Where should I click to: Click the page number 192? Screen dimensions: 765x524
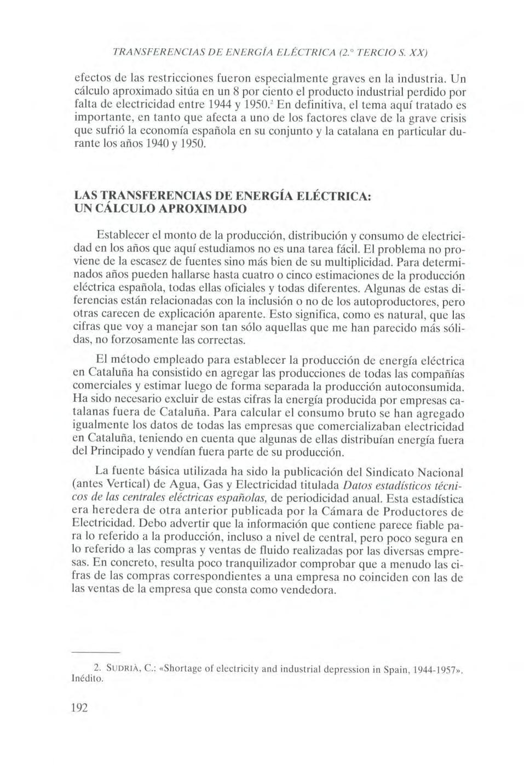(x=80, y=707)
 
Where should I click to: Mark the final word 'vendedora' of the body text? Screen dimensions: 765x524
(x=309, y=591)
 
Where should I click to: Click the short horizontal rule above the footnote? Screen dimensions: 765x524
(x=96, y=653)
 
